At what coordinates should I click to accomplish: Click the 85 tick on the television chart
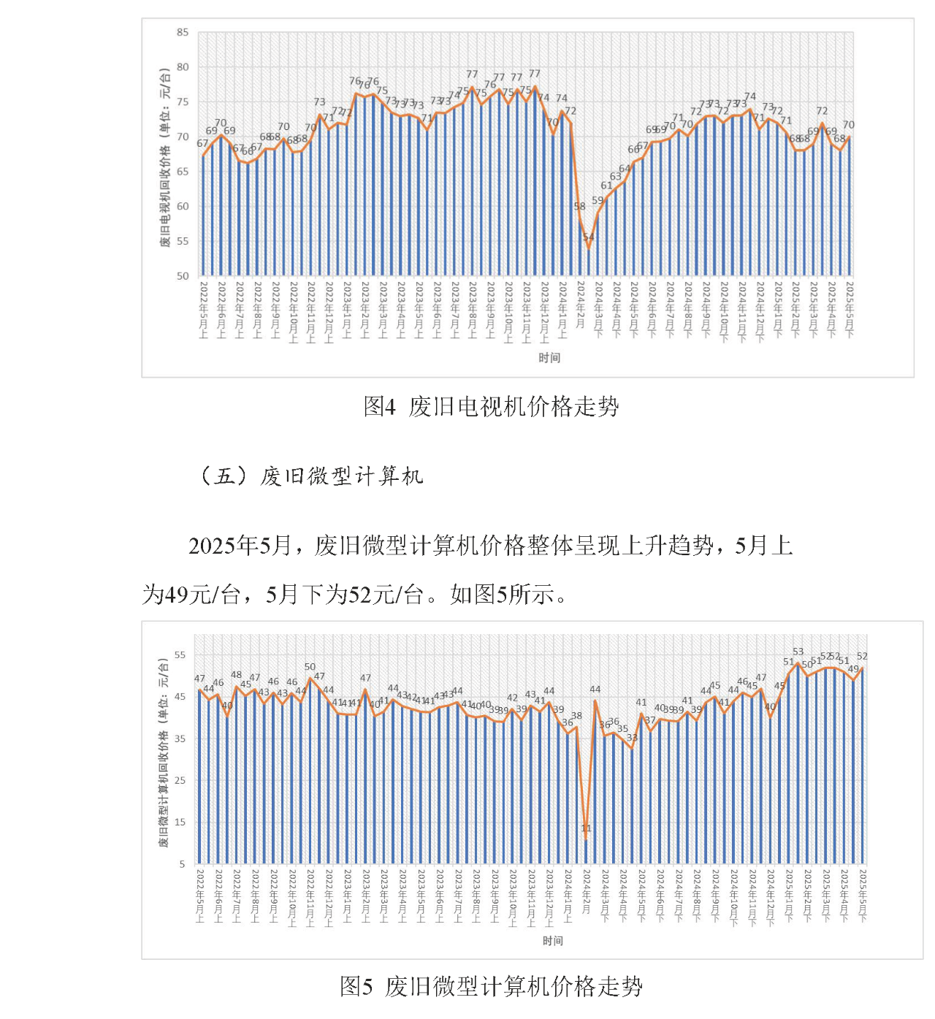tap(182, 32)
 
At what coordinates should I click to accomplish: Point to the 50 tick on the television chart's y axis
tap(182, 276)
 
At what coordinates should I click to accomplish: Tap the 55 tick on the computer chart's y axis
tap(180, 655)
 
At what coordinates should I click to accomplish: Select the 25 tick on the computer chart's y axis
tap(180, 780)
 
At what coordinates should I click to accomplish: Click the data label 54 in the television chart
tap(589, 237)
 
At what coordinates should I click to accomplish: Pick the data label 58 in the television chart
tap(579, 207)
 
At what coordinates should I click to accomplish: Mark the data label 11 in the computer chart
tap(586, 828)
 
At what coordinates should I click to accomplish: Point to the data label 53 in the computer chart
tap(798, 652)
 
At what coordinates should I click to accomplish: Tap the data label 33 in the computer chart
tap(632, 738)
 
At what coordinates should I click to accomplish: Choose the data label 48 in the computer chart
tap(236, 676)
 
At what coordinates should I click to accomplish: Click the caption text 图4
tap(379, 406)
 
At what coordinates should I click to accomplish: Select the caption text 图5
tap(356, 986)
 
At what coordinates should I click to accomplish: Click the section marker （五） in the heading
tap(224, 476)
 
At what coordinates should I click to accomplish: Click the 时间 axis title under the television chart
tap(549, 358)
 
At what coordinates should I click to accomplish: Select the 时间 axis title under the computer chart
tap(553, 941)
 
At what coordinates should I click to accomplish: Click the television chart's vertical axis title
tap(165, 157)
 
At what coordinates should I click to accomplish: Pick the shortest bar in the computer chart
tap(586, 851)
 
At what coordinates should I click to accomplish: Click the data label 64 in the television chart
tap(625, 169)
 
